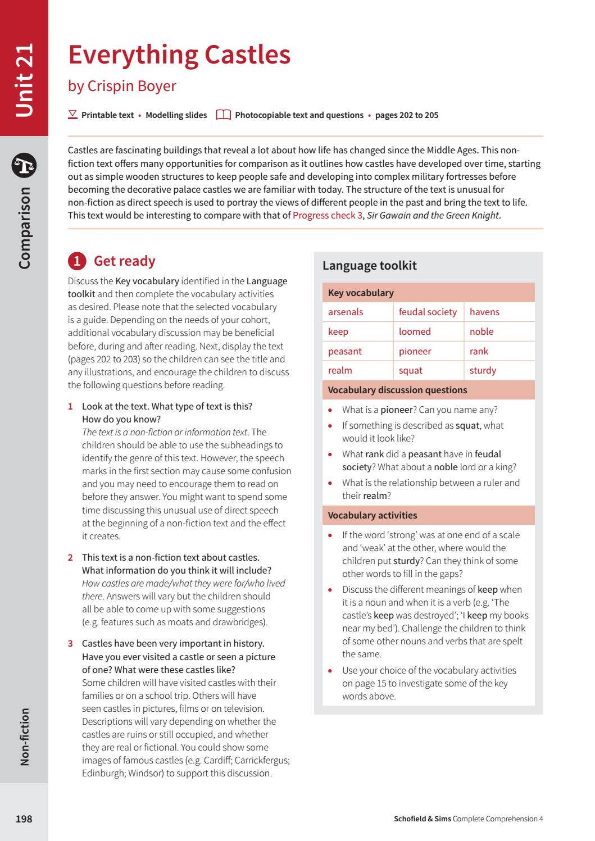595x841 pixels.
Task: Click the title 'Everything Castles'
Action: point(179,55)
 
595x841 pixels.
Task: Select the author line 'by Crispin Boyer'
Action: point(122,86)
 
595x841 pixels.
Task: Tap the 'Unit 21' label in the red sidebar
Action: point(24,80)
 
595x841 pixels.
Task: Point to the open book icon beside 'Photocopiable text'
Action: point(223,115)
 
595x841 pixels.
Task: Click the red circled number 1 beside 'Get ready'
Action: point(76,261)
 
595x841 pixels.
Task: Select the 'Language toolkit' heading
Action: point(369,266)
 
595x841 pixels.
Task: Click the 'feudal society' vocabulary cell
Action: point(428,312)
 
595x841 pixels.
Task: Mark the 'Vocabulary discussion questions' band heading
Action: point(397,390)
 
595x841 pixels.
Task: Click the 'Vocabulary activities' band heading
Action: point(372,515)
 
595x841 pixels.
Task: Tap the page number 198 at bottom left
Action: point(24,819)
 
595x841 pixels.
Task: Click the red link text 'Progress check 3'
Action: point(328,215)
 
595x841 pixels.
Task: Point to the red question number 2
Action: point(70,558)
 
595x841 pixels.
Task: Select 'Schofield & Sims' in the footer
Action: point(422,819)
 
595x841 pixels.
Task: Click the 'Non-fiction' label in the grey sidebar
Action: point(24,737)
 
